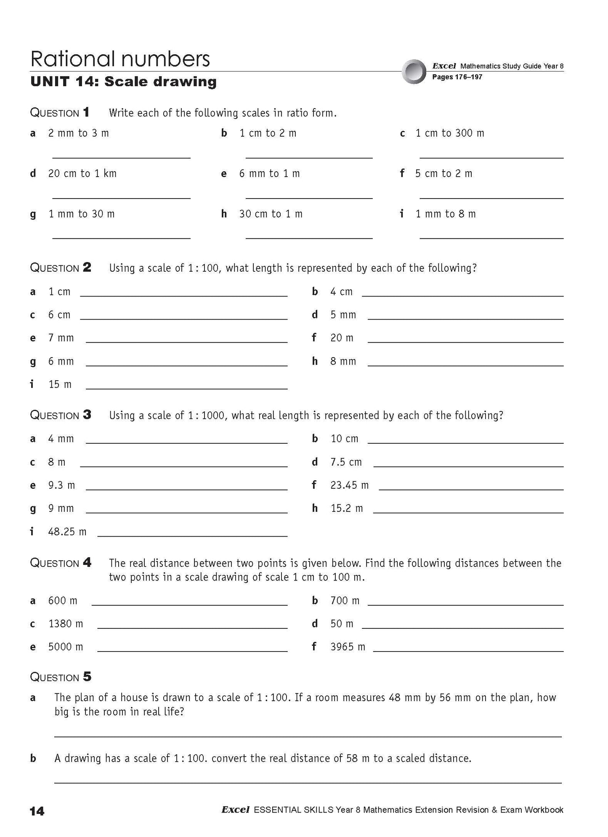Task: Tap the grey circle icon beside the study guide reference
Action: tap(414, 72)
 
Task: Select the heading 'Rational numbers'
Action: tap(120, 59)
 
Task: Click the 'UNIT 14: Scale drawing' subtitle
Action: tap(123, 82)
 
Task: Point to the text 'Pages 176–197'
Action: tap(457, 77)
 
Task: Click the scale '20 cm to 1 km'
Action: tap(82, 173)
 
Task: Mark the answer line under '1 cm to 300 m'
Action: tap(491, 158)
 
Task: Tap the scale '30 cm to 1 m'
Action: tap(271, 214)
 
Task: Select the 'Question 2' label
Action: tap(61, 268)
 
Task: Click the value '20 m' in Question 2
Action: tap(342, 338)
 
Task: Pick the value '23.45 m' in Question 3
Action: tap(349, 485)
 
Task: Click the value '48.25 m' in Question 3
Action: tap(67, 532)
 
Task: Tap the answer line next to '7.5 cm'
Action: tap(468, 466)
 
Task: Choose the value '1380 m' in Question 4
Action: tap(66, 623)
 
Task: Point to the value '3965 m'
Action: tap(348, 646)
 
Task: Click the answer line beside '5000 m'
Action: tap(192, 651)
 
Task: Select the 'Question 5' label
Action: tap(61, 677)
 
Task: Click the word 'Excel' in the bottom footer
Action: tap(235, 810)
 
